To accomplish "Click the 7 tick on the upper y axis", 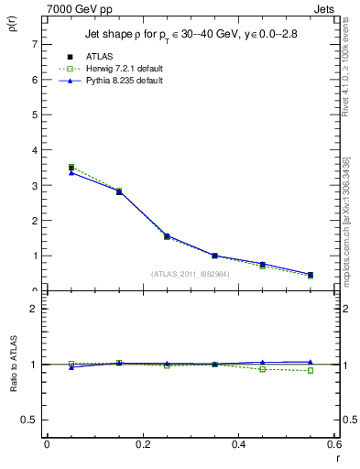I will [35, 44].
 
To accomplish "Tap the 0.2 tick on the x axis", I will [143, 444].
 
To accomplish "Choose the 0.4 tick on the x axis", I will [238, 444].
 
